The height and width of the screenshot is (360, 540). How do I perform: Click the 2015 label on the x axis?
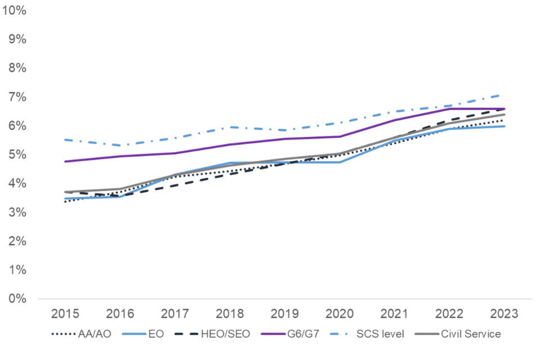click(x=65, y=313)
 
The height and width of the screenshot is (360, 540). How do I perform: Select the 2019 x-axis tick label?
click(x=284, y=313)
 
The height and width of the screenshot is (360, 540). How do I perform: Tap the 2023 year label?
click(x=503, y=313)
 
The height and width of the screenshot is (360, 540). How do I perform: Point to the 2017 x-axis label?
click(x=174, y=313)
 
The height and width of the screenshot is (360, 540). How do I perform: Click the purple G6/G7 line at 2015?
click(x=65, y=161)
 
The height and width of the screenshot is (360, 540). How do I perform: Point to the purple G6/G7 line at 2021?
click(x=394, y=120)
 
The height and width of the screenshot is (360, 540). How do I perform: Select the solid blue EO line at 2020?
click(x=339, y=162)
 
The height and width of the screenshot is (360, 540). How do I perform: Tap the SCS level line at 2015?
click(x=65, y=139)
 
